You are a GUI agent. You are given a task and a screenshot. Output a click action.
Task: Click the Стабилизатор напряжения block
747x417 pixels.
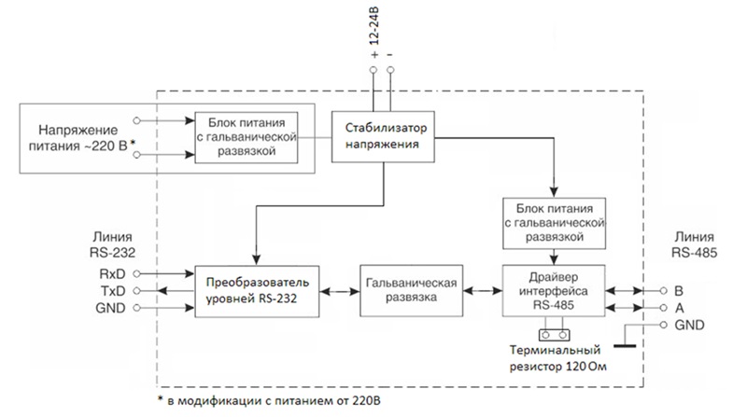tap(383, 136)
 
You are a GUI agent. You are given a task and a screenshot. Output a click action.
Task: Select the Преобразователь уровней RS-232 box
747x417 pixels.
tap(257, 291)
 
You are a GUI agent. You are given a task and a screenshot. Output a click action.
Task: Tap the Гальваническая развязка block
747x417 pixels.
tap(411, 290)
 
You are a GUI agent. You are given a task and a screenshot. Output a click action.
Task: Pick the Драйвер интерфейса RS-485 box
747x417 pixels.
tap(554, 290)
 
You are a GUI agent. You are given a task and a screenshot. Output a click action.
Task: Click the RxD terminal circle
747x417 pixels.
tap(136, 273)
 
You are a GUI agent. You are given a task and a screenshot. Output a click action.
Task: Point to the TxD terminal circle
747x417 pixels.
tap(136, 291)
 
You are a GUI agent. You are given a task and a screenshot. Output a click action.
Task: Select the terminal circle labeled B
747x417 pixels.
tap(663, 290)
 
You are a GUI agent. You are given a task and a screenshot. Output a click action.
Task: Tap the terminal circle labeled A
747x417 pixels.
tap(663, 308)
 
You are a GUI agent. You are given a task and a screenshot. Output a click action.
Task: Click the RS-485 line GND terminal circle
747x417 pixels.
tap(663, 326)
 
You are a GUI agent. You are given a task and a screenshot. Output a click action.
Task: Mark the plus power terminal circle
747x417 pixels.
tap(373, 70)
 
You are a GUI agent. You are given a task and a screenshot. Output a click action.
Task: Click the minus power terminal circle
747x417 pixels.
tap(390, 70)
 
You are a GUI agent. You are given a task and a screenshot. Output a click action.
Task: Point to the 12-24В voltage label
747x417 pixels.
tap(374, 26)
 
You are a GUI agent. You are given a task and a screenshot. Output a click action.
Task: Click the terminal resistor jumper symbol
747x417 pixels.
tap(554, 335)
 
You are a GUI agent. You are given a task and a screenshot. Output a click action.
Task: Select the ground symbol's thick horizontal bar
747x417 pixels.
tap(625, 345)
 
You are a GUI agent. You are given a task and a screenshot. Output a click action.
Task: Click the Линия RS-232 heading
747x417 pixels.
tap(112, 244)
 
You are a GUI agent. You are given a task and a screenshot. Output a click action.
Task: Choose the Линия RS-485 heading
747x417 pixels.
tap(694, 244)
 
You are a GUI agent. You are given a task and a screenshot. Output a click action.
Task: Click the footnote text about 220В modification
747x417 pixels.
tap(269, 400)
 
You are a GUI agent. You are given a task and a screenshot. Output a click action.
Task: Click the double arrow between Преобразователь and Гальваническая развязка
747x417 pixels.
tap(339, 291)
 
